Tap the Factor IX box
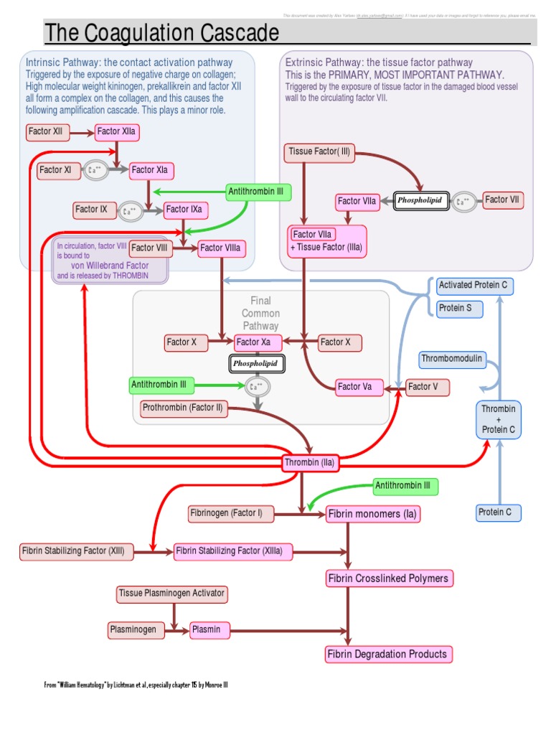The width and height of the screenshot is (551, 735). tap(93, 210)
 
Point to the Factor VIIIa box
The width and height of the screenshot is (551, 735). tap(222, 248)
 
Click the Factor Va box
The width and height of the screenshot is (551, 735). tap(356, 388)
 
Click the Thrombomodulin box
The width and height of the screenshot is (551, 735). tap(453, 358)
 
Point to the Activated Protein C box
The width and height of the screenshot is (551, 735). tap(473, 286)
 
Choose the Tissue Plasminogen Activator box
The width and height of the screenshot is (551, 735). tap(172, 594)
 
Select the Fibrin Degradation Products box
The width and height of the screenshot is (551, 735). tap(387, 654)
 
